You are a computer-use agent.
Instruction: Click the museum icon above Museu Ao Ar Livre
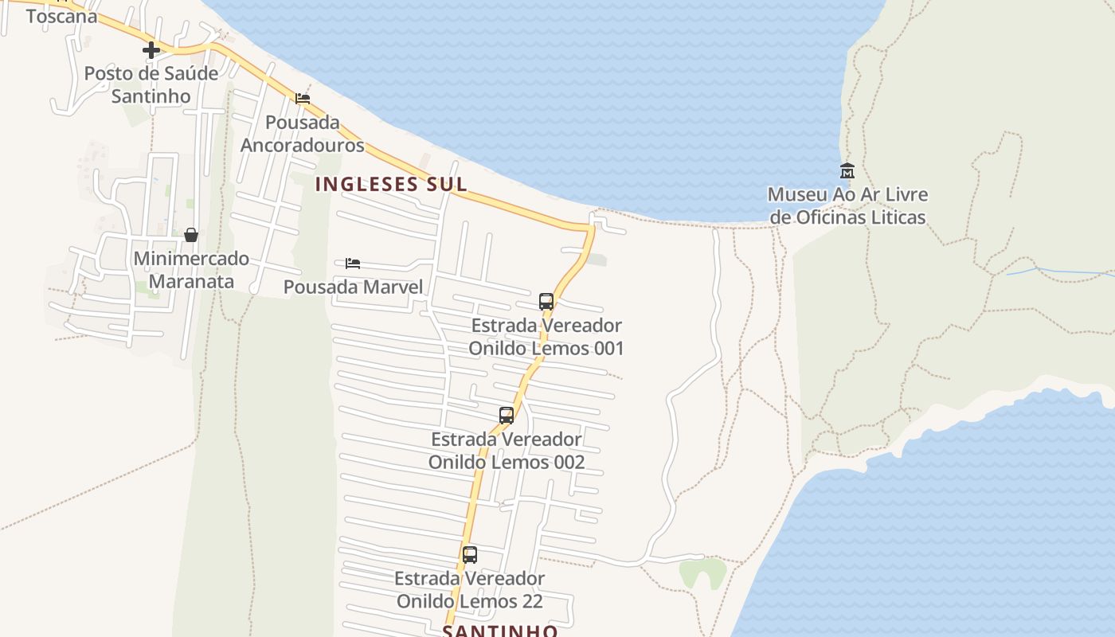click(x=847, y=170)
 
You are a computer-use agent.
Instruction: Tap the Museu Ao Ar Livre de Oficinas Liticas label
click(x=847, y=205)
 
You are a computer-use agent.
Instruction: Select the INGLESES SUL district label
click(x=391, y=184)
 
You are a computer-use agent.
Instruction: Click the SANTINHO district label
click(x=499, y=630)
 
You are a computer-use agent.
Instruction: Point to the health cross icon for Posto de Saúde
click(x=151, y=50)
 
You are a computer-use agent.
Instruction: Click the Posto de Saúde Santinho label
click(x=151, y=84)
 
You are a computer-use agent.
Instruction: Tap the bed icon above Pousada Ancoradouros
click(x=303, y=99)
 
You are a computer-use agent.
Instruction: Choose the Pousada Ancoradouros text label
click(x=303, y=134)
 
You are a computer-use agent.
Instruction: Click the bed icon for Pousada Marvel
click(x=353, y=264)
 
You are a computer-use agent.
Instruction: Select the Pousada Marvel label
click(x=353, y=287)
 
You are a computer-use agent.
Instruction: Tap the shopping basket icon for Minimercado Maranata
click(x=191, y=235)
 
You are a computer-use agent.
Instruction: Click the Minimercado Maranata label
click(x=191, y=270)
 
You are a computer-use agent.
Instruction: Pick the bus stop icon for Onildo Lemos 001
click(x=546, y=302)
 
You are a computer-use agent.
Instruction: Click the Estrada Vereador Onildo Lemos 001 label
click(x=546, y=337)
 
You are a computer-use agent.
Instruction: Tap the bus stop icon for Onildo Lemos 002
click(x=507, y=415)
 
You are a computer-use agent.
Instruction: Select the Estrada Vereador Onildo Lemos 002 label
click(x=507, y=451)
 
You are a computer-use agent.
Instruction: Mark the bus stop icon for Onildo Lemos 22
click(x=470, y=555)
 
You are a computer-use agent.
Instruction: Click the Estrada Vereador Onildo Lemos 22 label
click(x=470, y=589)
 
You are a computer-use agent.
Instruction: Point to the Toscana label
click(x=61, y=16)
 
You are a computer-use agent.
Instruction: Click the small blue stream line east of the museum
click(x=1059, y=272)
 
